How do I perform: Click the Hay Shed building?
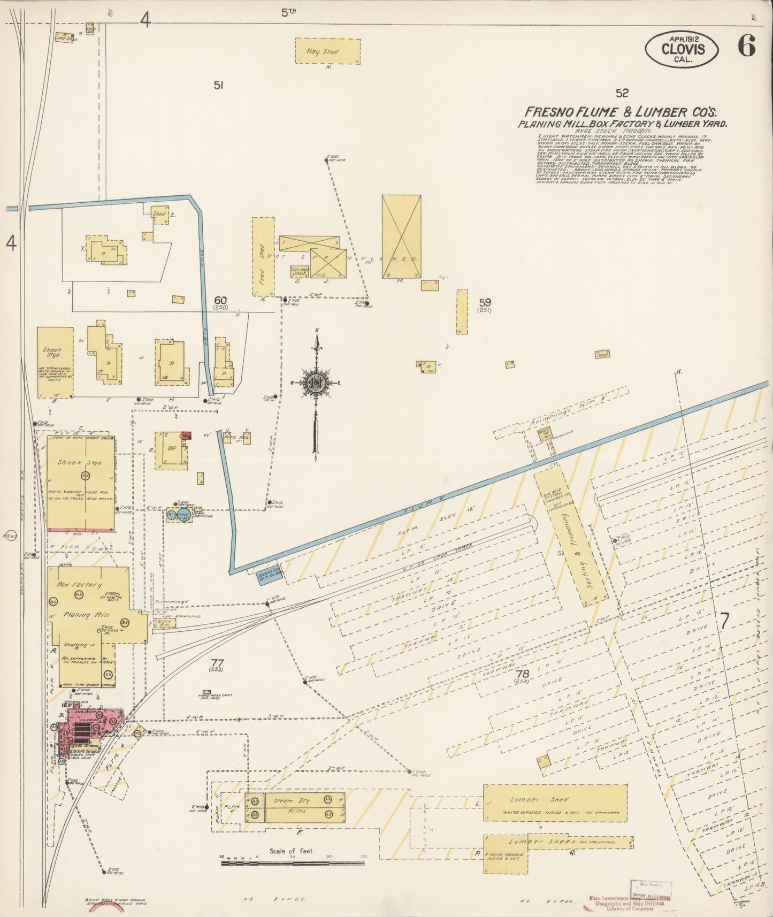coord(328,51)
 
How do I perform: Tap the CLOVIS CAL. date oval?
coord(683,49)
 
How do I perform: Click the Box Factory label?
coord(79,585)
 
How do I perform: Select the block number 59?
coord(485,302)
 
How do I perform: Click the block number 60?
coord(220,300)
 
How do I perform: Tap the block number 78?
coord(522,674)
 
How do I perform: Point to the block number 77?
coord(216,662)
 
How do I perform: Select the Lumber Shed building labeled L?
coord(555,803)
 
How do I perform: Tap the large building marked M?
coord(401,236)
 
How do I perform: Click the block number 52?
coord(622,93)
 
